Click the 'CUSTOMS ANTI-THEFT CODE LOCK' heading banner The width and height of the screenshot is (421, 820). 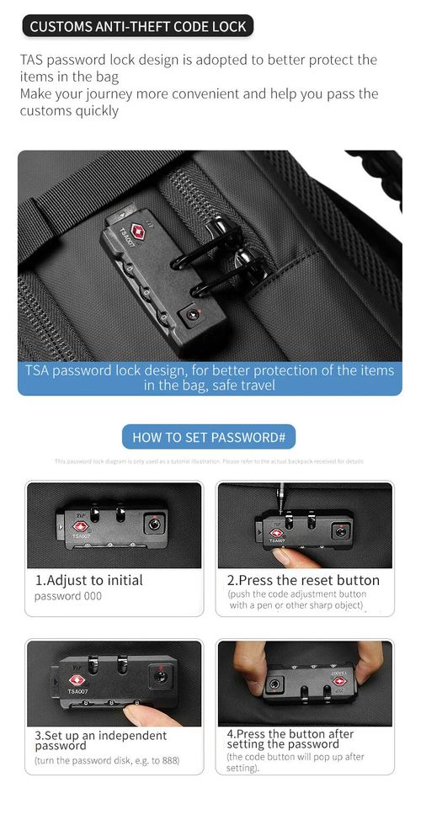click(x=138, y=27)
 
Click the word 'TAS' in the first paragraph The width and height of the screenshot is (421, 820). click(x=34, y=60)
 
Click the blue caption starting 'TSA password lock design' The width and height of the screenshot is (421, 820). click(x=210, y=377)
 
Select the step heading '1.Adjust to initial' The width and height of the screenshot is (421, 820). click(x=88, y=580)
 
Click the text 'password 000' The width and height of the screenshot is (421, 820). click(x=68, y=596)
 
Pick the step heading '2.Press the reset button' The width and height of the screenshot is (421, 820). click(x=303, y=580)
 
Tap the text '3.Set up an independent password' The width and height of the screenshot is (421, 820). click(x=100, y=740)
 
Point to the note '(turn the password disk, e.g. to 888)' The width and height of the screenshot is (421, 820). click(x=106, y=761)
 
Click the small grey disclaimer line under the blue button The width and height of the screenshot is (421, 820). click(x=209, y=461)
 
